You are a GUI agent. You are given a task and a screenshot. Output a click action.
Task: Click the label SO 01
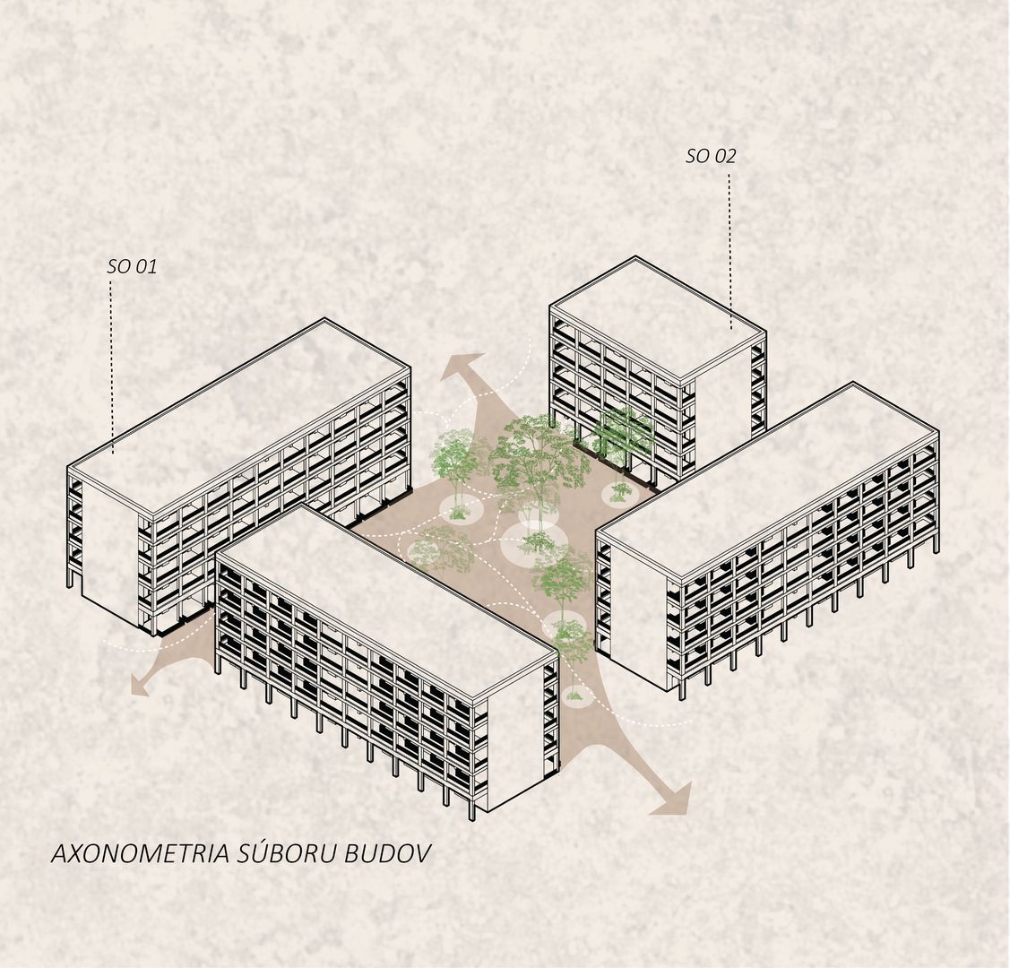(x=132, y=266)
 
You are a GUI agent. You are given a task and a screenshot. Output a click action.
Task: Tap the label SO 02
(x=711, y=156)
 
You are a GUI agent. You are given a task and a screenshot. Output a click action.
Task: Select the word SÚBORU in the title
(x=288, y=852)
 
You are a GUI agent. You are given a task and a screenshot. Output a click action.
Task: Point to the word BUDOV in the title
(x=387, y=853)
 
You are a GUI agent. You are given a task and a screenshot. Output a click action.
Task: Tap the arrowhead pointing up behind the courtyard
(x=464, y=367)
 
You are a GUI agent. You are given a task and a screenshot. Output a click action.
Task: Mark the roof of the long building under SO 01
(x=238, y=415)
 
